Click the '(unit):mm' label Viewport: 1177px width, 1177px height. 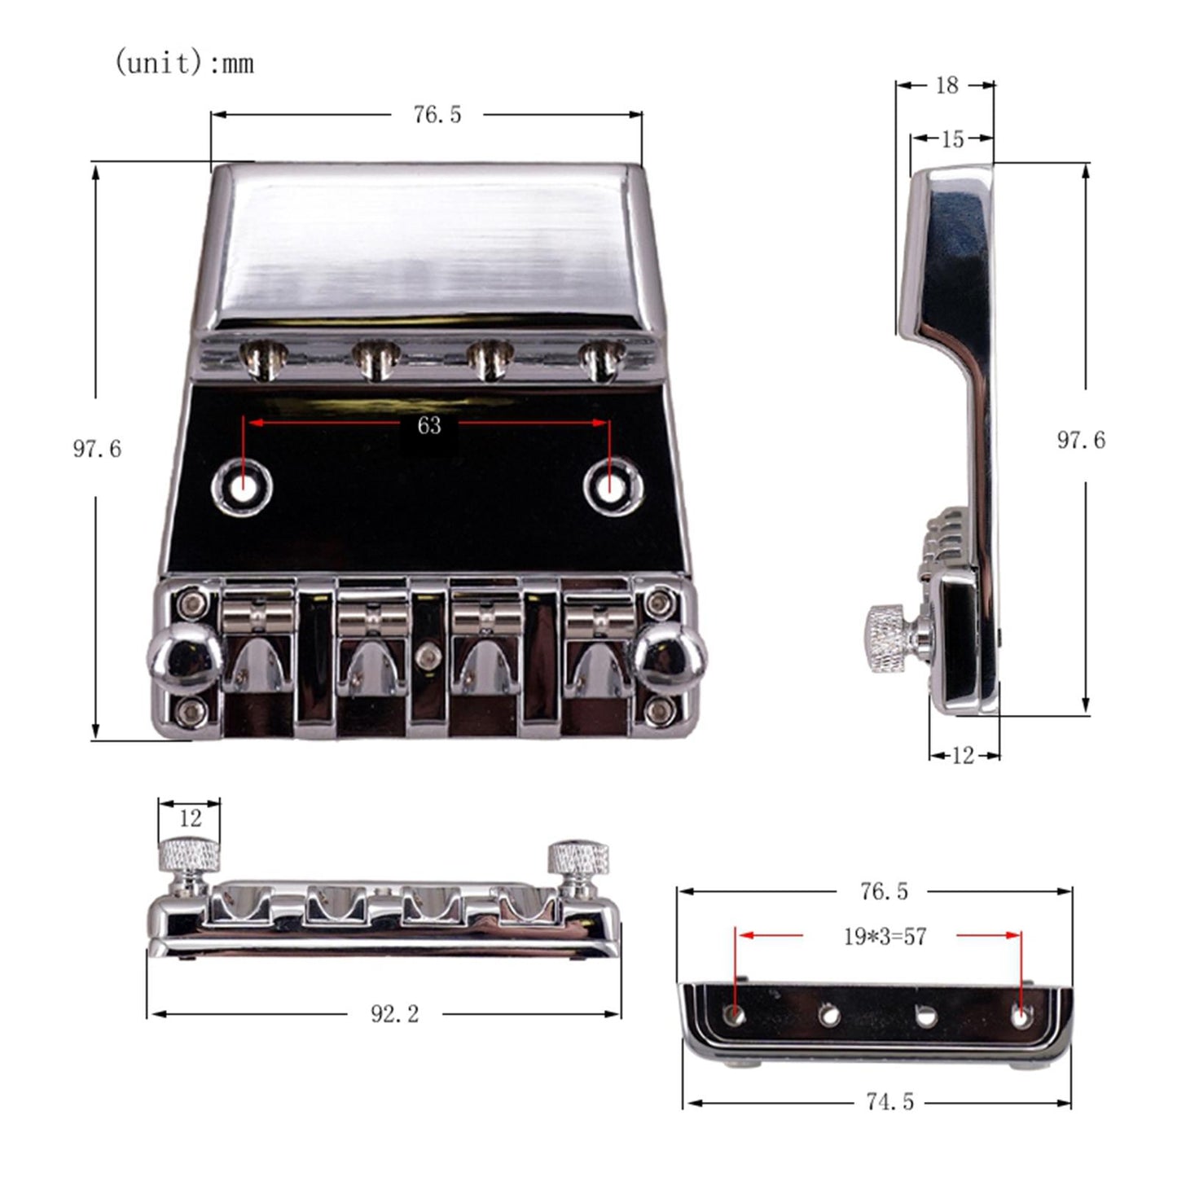184,63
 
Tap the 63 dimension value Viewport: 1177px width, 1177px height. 428,425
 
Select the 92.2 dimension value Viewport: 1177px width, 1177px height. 394,1014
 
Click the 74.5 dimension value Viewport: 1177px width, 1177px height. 890,1101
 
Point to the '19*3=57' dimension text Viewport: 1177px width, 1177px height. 885,937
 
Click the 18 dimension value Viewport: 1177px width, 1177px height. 946,86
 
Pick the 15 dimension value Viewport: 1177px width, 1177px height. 951,139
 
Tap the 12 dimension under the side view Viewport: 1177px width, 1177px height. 964,756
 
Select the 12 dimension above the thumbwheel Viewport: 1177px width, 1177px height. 190,818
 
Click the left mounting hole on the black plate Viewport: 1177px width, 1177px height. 243,487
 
